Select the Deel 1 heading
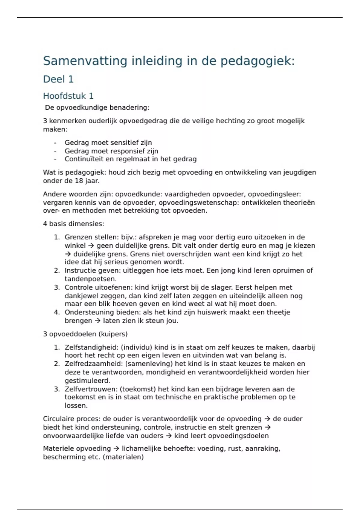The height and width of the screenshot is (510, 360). coord(58,79)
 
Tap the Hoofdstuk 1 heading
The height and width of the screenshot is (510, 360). coord(68,96)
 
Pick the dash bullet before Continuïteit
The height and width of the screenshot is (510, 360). coord(55,159)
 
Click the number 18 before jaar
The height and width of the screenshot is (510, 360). coord(79,181)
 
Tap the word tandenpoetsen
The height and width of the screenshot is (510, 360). coord(90,279)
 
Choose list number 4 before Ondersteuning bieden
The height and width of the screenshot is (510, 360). coord(57,312)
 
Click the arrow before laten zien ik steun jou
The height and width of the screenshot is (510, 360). coord(97,321)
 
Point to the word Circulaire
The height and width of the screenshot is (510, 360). coord(58,419)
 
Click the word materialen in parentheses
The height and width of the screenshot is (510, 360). coord(123,457)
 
